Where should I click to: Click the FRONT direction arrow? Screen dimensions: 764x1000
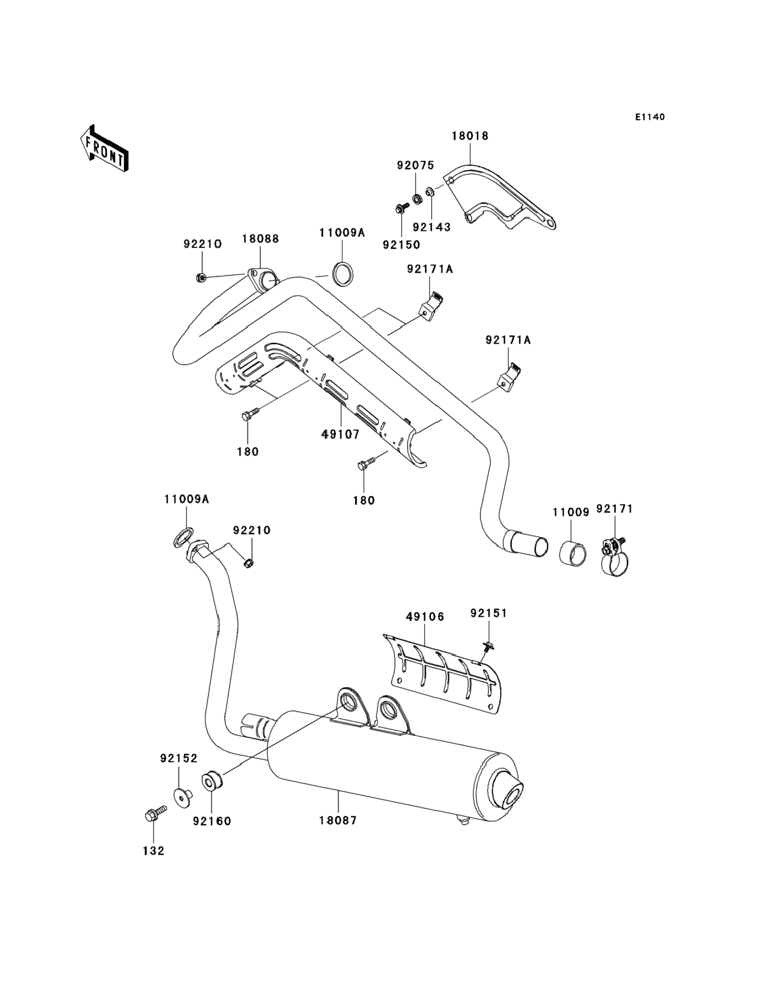[104, 148]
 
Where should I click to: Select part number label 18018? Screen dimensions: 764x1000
[470, 135]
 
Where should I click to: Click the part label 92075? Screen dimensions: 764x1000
[415, 166]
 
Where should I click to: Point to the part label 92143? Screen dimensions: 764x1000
[432, 227]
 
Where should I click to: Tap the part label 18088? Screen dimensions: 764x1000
[260, 239]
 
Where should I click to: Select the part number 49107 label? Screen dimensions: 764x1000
[340, 434]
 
